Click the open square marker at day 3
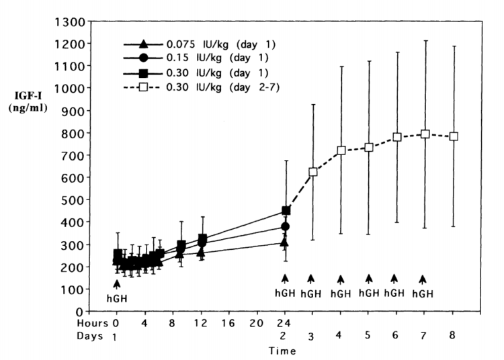point(312,172)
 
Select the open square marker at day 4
point(341,150)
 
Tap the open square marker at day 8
point(454,136)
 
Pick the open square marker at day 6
point(396,137)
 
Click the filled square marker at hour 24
point(286,210)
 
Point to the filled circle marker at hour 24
point(286,226)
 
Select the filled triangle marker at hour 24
point(286,242)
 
